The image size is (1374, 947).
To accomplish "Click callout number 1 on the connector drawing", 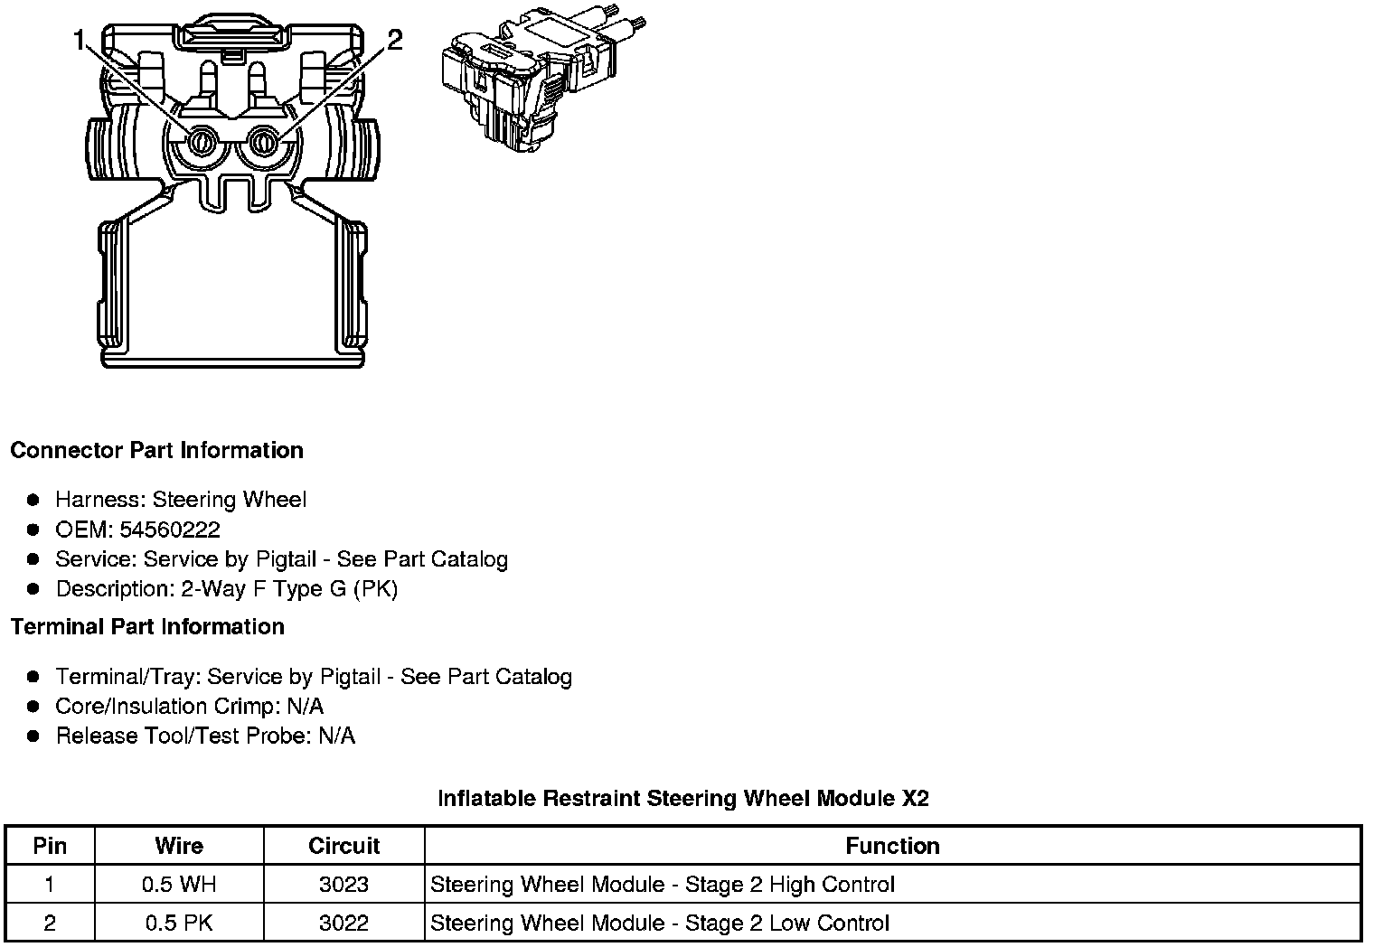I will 80,41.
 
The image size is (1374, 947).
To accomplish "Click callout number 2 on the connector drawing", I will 394,40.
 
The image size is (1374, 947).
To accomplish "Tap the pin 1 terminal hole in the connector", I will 201,142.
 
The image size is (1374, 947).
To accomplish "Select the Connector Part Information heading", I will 156,450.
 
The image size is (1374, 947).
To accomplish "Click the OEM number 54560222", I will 170,530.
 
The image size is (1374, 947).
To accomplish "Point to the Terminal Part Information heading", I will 147,626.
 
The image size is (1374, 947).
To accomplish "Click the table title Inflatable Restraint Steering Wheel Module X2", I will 683,798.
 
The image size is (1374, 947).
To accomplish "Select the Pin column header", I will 50,846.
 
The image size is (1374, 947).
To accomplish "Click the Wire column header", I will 179,846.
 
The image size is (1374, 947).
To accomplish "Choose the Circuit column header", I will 343,846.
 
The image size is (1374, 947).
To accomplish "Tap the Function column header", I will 892,846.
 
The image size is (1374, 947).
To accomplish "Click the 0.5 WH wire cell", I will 179,885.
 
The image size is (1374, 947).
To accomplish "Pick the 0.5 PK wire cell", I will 179,923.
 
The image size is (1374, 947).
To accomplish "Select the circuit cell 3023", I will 343,885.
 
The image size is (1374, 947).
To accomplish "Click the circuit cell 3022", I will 343,923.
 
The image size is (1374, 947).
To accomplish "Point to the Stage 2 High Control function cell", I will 663,885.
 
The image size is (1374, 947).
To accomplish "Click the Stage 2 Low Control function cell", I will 660,923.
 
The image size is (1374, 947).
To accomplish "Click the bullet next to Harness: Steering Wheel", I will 33,500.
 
